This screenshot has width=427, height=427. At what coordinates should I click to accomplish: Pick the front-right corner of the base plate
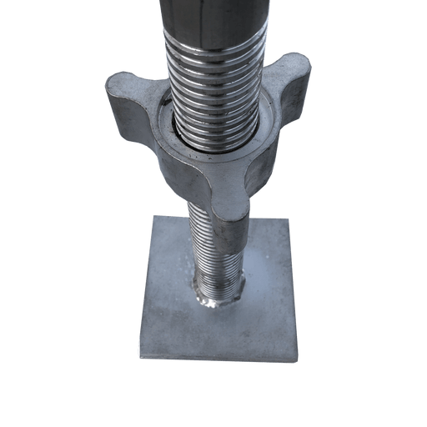(x=297, y=359)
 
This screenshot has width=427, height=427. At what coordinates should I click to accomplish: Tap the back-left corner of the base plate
(x=153, y=216)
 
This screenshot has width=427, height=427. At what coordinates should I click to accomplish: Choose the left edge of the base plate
(x=146, y=284)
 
